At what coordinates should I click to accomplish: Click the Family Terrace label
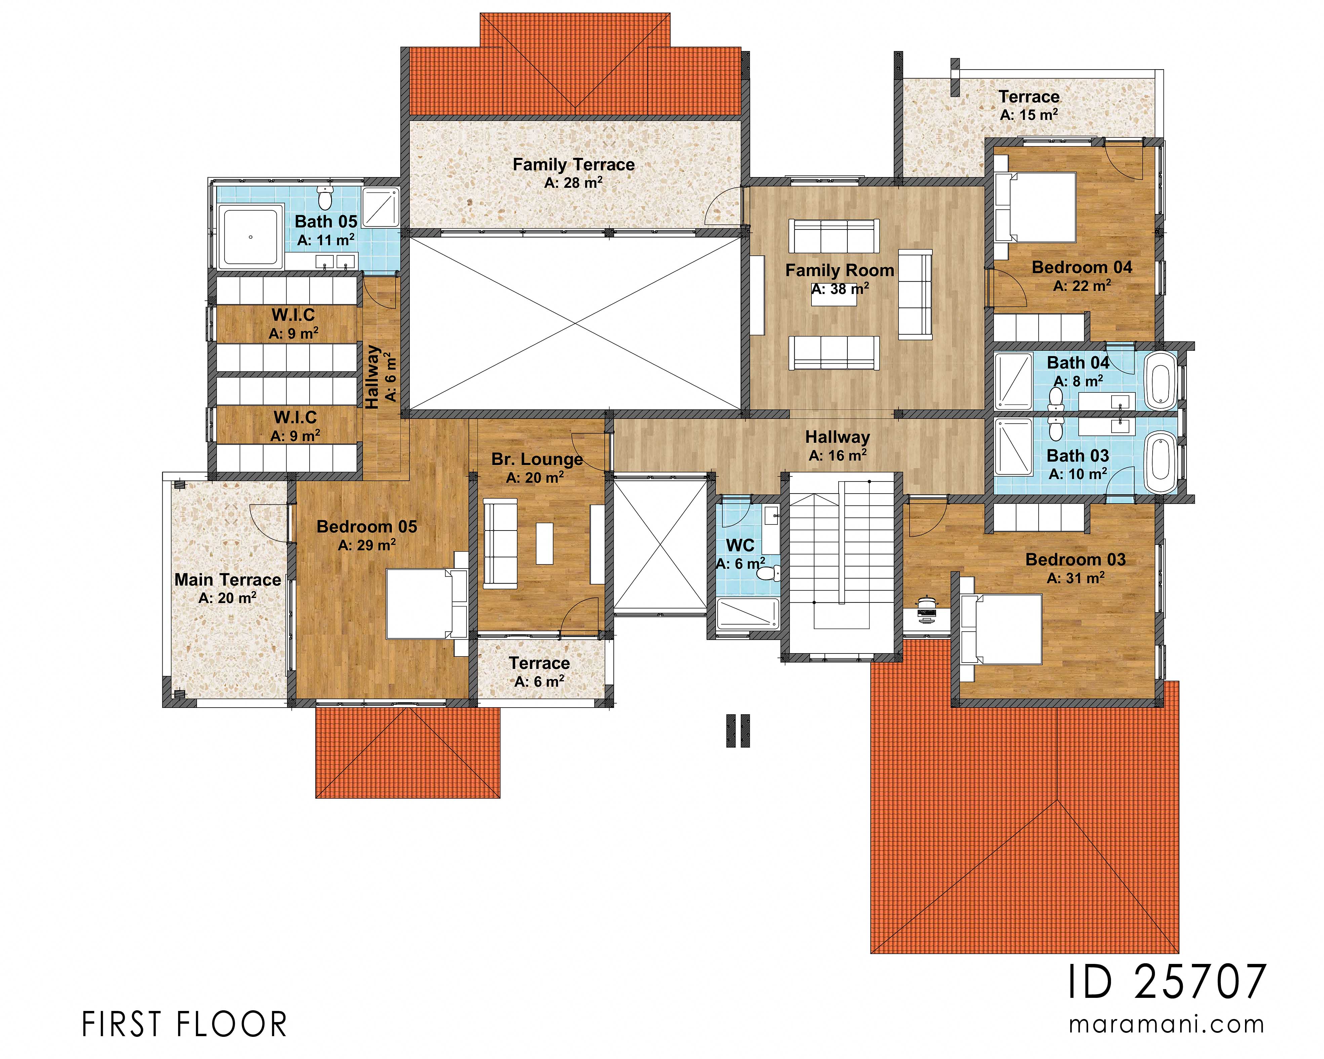coord(573,165)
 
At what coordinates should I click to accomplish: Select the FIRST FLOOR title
coord(184,1025)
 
